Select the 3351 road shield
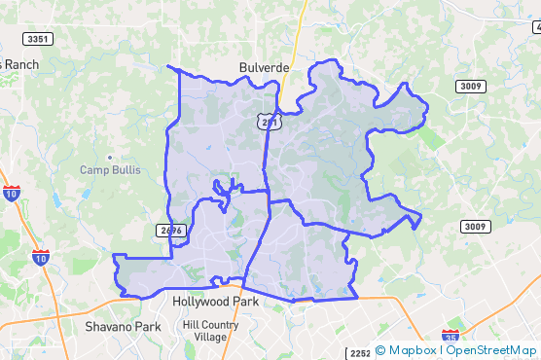pos(38,39)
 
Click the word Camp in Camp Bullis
pos(94,170)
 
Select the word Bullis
pos(126,170)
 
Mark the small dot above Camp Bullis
pos(110,157)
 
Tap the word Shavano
pos(108,327)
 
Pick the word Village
pos(210,338)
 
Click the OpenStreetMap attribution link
pos(492,350)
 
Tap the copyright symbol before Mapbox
pos(380,350)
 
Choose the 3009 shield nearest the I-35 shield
pos(474,227)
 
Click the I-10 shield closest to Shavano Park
pos(40,258)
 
